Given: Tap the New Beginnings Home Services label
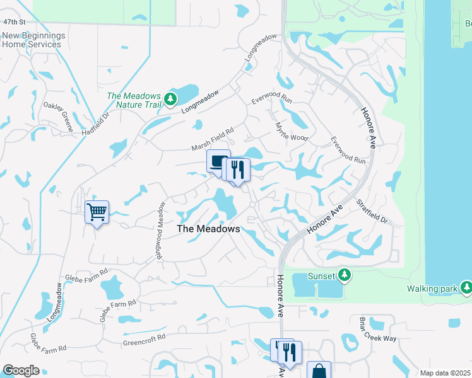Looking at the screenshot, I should (32, 39).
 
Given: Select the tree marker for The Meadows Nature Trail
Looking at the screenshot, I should (170, 99).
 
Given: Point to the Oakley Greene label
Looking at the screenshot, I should (58, 117).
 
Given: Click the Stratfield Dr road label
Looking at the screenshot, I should (371, 212).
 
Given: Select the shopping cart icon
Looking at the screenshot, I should (97, 212).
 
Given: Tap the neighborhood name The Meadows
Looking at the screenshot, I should (208, 229).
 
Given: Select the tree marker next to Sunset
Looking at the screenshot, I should (344, 275).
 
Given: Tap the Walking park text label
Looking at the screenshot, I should (437, 289).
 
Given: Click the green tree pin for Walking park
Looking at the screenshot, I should (466, 288).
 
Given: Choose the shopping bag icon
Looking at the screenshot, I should (319, 371).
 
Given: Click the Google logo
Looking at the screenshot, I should (20, 370).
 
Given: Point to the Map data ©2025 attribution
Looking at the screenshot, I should (444, 373).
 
